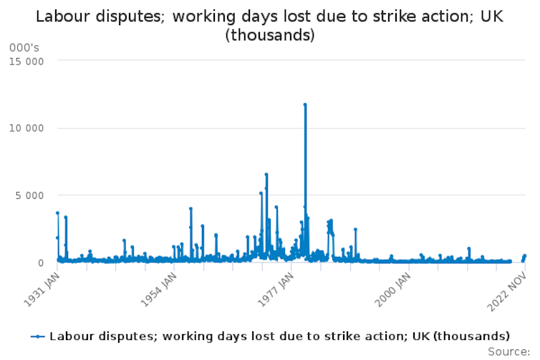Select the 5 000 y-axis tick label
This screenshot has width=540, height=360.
[32, 195]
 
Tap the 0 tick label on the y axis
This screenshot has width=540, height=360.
[42, 263]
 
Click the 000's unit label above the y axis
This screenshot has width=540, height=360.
[24, 47]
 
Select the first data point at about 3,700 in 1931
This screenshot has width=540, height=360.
[57, 213]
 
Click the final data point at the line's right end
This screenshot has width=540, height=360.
[524, 256]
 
